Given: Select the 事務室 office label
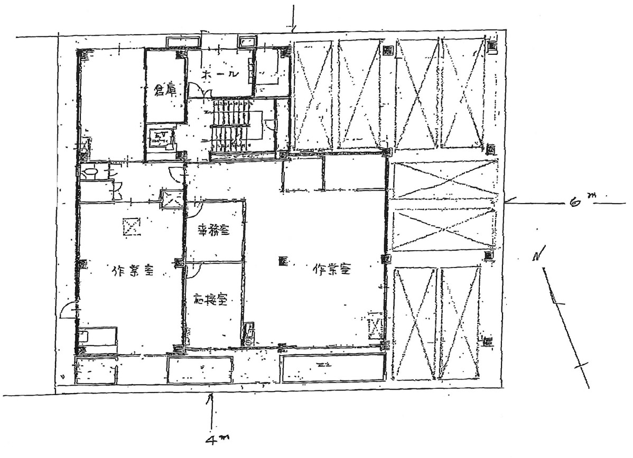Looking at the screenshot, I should point(213,231).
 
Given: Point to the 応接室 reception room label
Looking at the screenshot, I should point(210,301).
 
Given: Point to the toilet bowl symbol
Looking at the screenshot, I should point(90,173).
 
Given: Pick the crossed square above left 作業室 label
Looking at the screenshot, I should point(131,227).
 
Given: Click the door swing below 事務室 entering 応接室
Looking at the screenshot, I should point(193,270).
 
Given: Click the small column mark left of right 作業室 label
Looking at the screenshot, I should point(282,261).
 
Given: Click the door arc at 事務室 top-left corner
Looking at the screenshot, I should point(192,207).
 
